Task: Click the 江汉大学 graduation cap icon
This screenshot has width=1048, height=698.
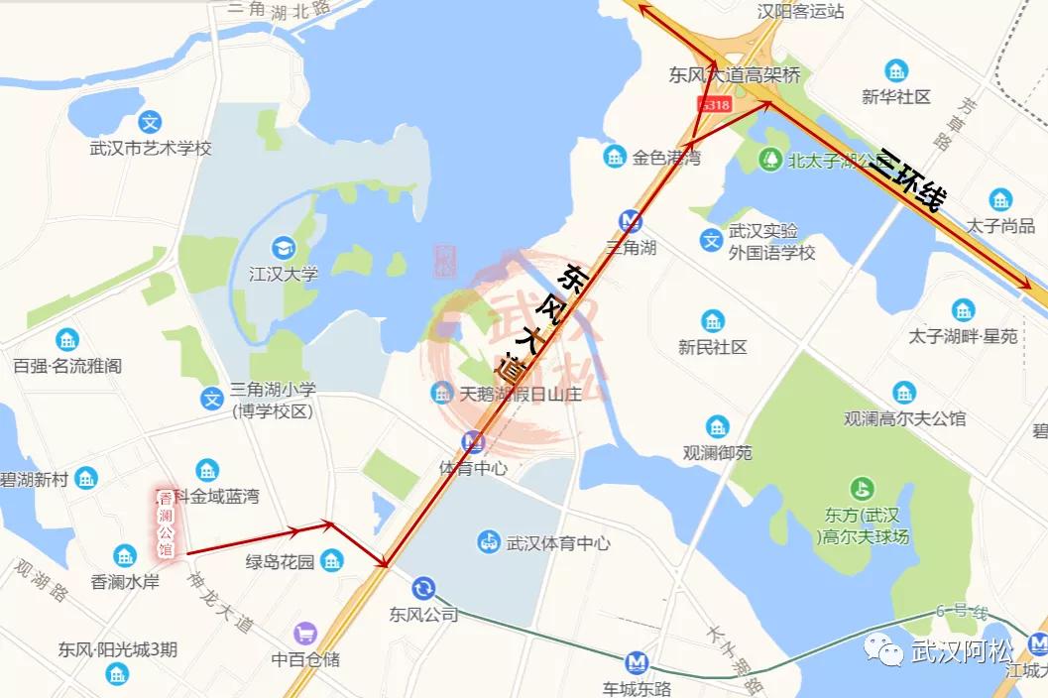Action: [x=284, y=246]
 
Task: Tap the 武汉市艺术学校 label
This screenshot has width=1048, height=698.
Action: [x=151, y=149]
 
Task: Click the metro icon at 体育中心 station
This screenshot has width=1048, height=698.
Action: [x=473, y=442]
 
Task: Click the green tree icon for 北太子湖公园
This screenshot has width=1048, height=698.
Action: [x=770, y=159]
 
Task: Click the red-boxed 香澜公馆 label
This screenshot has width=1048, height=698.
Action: [x=166, y=522]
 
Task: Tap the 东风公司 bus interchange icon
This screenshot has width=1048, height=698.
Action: [x=423, y=589]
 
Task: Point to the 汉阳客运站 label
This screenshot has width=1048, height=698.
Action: [x=800, y=12]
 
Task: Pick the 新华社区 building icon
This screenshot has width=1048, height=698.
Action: [x=896, y=71]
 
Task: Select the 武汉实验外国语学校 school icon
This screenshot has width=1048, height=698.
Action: [x=711, y=239]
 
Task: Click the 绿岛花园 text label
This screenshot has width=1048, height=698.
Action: [x=281, y=562]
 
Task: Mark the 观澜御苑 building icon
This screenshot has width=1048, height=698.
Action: [x=717, y=427]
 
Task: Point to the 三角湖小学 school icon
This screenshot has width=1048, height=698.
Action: [x=211, y=399]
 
